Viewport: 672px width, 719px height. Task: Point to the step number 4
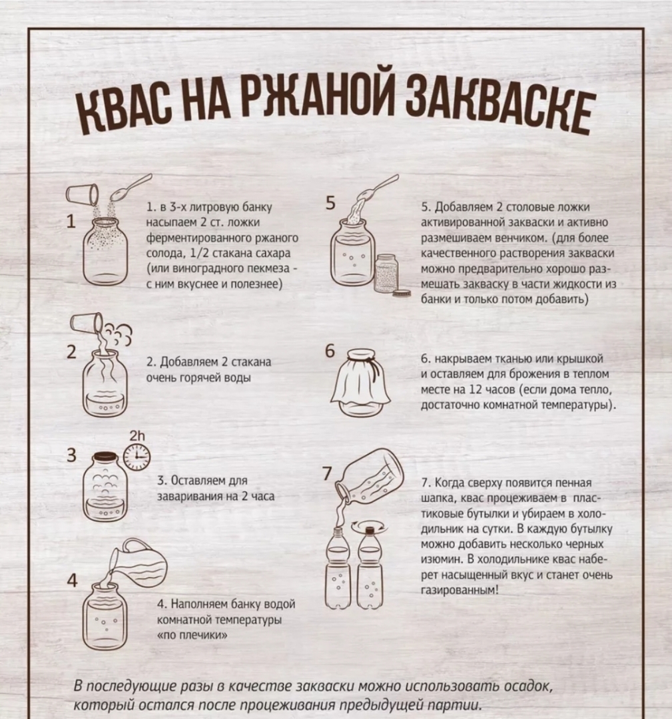click(72, 581)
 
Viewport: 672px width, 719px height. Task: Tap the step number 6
click(330, 352)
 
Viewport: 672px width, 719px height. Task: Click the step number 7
click(328, 473)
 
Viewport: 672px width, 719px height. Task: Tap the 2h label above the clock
click(137, 435)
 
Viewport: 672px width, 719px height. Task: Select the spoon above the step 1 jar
click(131, 187)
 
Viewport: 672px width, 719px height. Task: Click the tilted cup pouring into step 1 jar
click(83, 194)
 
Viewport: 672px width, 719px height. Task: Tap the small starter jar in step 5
click(386, 274)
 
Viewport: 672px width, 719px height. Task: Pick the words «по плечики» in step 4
click(192, 635)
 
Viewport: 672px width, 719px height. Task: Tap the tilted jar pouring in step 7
click(370, 477)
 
